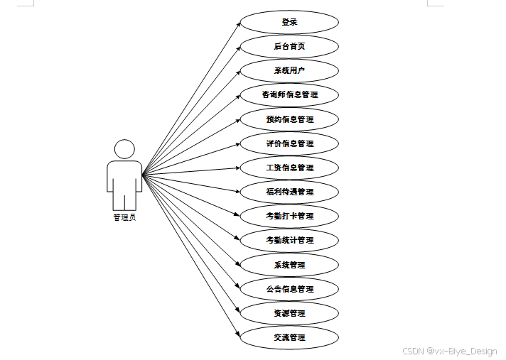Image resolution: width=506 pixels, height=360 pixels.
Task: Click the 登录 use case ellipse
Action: pyautogui.click(x=289, y=22)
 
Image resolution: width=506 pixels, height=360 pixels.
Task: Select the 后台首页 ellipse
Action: pyautogui.click(x=289, y=46)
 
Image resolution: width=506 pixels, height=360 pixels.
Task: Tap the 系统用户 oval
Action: pyautogui.click(x=289, y=70)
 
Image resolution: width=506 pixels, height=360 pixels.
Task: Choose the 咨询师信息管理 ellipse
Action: pyautogui.click(x=289, y=94)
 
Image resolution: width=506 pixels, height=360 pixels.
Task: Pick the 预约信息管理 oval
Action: pyautogui.click(x=289, y=119)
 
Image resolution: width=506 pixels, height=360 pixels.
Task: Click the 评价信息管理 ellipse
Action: pyautogui.click(x=289, y=143)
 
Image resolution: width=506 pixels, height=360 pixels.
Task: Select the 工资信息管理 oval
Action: pyautogui.click(x=289, y=168)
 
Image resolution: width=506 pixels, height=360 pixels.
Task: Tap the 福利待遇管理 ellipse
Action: pyautogui.click(x=289, y=192)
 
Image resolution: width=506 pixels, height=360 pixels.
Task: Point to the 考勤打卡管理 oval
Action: pyautogui.click(x=289, y=216)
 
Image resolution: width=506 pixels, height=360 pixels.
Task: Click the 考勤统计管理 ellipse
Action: pyautogui.click(x=289, y=240)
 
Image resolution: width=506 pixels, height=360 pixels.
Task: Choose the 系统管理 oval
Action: pyautogui.click(x=289, y=265)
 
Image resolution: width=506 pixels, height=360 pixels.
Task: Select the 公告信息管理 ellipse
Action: pyautogui.click(x=289, y=289)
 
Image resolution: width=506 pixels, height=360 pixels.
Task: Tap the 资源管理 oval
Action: pyautogui.click(x=289, y=313)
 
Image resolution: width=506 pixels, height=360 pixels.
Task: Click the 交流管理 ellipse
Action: pyautogui.click(x=289, y=337)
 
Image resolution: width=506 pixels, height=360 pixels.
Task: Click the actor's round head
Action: pyautogui.click(x=124, y=149)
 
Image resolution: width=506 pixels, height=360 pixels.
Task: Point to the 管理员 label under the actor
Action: pyautogui.click(x=124, y=218)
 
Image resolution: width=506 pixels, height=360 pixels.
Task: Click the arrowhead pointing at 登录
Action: pyautogui.click(x=237, y=24)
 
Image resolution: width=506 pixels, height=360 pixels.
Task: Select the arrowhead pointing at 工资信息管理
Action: pyautogui.click(x=237, y=168)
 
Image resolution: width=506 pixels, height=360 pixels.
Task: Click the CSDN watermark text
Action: pyautogui.click(x=449, y=351)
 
